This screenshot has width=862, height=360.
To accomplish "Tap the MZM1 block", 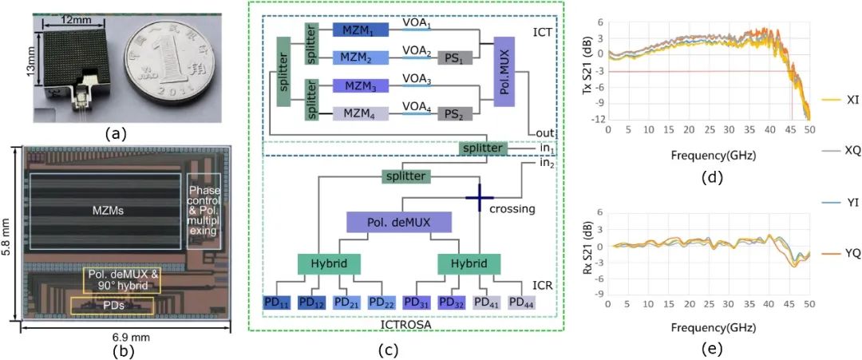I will point(359,30).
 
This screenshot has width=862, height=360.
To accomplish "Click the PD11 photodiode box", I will point(279,303).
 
